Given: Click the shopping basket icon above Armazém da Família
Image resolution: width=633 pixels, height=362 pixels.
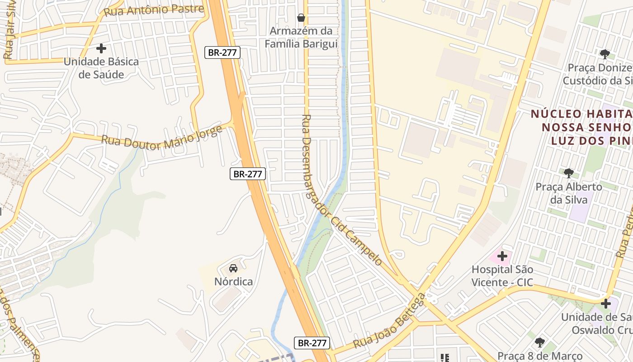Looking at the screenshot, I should click(301, 18).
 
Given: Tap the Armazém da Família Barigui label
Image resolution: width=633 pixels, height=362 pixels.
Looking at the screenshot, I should click(301, 38).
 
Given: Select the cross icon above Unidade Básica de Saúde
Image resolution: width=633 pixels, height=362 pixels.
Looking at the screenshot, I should click(101, 48).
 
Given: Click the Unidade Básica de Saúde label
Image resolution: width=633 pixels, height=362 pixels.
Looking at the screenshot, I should click(101, 68).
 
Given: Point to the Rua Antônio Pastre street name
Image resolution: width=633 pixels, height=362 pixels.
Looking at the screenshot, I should click(154, 10).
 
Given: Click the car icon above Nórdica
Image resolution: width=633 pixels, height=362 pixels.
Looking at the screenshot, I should click(233, 268).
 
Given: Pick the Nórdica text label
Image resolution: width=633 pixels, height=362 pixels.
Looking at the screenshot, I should click(233, 281).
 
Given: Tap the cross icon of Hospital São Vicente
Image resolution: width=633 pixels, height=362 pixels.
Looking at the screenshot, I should click(502, 256).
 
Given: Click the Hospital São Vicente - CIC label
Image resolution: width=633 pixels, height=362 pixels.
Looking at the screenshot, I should click(502, 276).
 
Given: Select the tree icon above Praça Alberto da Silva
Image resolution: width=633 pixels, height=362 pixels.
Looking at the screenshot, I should click(569, 173).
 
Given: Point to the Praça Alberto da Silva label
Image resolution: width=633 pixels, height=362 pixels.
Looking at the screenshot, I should click(569, 193).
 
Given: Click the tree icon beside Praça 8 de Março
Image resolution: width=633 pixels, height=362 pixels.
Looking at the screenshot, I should click(539, 342).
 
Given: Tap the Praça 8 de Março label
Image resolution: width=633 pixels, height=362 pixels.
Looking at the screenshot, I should click(540, 356).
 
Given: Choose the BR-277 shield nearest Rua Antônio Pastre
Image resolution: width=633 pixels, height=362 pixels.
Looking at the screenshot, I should click(222, 52).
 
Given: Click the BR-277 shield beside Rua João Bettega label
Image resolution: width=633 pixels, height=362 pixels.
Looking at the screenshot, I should click(312, 343).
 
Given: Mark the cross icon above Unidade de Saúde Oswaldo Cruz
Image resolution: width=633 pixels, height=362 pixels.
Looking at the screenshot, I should click(606, 303).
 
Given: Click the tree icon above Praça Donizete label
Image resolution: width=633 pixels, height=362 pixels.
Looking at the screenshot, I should click(605, 54).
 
